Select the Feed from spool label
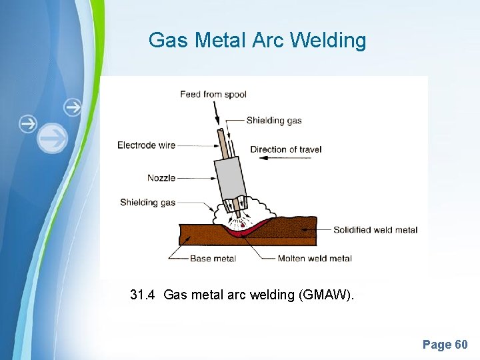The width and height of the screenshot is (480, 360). click(x=213, y=94)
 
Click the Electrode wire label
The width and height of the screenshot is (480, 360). click(x=146, y=145)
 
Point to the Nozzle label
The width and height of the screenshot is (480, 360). click(x=161, y=178)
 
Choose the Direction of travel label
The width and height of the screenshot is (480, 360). click(x=285, y=149)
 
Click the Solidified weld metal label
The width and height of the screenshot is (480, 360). click(x=375, y=230)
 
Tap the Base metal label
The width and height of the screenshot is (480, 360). click(x=213, y=259)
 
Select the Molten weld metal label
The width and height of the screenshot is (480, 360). click(x=315, y=259)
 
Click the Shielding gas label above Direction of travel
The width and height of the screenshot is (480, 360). click(x=273, y=121)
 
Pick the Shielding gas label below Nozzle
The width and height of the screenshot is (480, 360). click(x=147, y=202)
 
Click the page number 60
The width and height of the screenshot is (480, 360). click(x=461, y=345)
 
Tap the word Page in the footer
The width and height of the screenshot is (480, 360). click(x=437, y=345)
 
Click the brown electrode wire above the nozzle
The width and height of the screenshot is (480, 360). click(x=219, y=142)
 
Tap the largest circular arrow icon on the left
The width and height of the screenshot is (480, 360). click(x=52, y=139)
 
